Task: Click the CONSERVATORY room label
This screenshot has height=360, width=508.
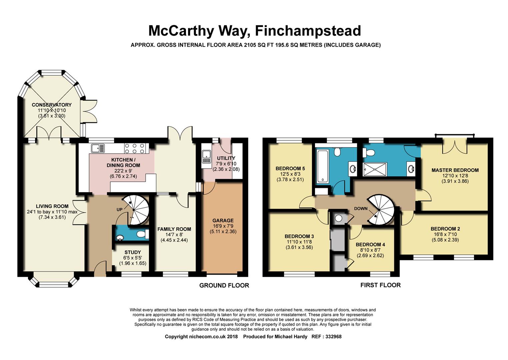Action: [51, 105]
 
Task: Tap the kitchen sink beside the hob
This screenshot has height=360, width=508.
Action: [98, 148]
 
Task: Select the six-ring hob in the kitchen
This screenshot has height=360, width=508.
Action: [136, 148]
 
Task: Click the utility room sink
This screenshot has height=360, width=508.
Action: [207, 157]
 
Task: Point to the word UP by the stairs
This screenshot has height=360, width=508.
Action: [119, 210]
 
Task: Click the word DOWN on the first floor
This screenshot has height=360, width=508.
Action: [361, 208]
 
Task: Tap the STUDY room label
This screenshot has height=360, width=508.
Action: [133, 252]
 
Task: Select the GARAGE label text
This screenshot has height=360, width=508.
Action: [223, 220]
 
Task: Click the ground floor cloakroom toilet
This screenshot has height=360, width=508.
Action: [143, 234]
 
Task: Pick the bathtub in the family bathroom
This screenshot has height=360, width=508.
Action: [322, 166]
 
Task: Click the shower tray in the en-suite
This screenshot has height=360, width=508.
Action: [375, 169]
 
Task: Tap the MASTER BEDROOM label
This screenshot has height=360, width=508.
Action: [455, 170]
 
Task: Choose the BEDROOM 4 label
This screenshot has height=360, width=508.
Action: [370, 245]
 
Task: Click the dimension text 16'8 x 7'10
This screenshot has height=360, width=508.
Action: [445, 234]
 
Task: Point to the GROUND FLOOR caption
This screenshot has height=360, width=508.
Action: [224, 285]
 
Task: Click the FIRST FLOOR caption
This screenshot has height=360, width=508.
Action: [381, 285]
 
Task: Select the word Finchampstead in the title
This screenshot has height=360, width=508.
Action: [308, 31]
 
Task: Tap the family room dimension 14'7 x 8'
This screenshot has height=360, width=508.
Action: [174, 235]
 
